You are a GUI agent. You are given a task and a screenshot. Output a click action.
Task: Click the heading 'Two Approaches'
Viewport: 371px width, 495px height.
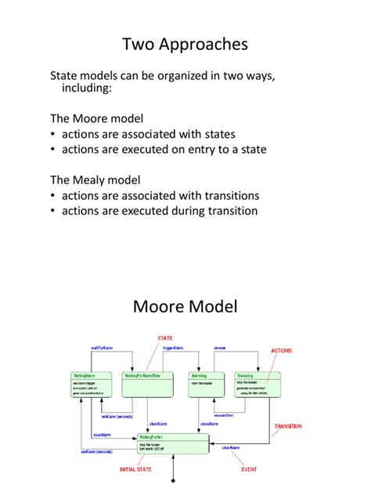point(185,44)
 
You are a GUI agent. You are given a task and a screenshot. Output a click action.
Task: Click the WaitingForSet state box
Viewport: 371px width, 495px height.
point(173,443)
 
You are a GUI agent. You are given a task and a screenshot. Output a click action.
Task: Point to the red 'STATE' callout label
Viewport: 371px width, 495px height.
point(165,339)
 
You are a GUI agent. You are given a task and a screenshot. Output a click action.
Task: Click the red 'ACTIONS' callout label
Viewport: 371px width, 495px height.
point(282,351)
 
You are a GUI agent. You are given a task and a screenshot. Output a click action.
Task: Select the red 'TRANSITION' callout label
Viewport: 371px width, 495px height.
point(287,427)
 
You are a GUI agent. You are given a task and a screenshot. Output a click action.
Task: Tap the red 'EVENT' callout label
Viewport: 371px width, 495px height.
point(248,469)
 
